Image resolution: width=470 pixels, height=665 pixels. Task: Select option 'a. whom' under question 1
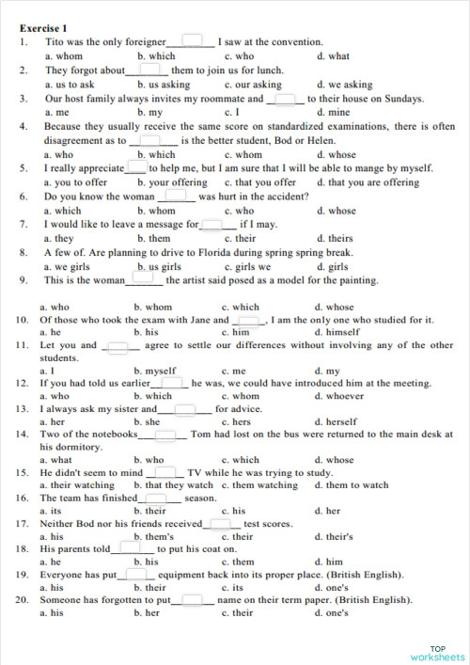click(63, 56)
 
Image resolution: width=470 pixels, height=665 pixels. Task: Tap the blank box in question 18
click(138, 547)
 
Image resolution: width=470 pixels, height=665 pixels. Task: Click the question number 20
click(23, 599)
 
